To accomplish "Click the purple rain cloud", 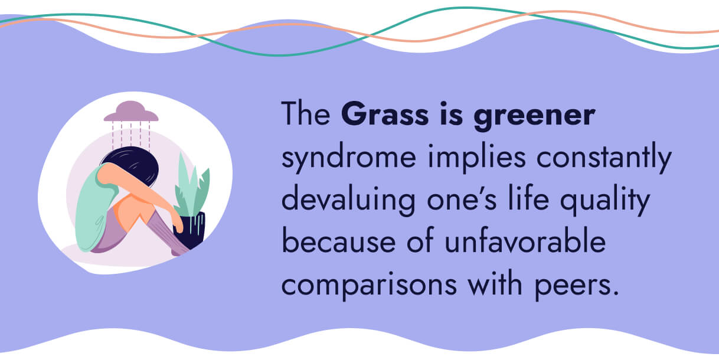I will tap(130, 112).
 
